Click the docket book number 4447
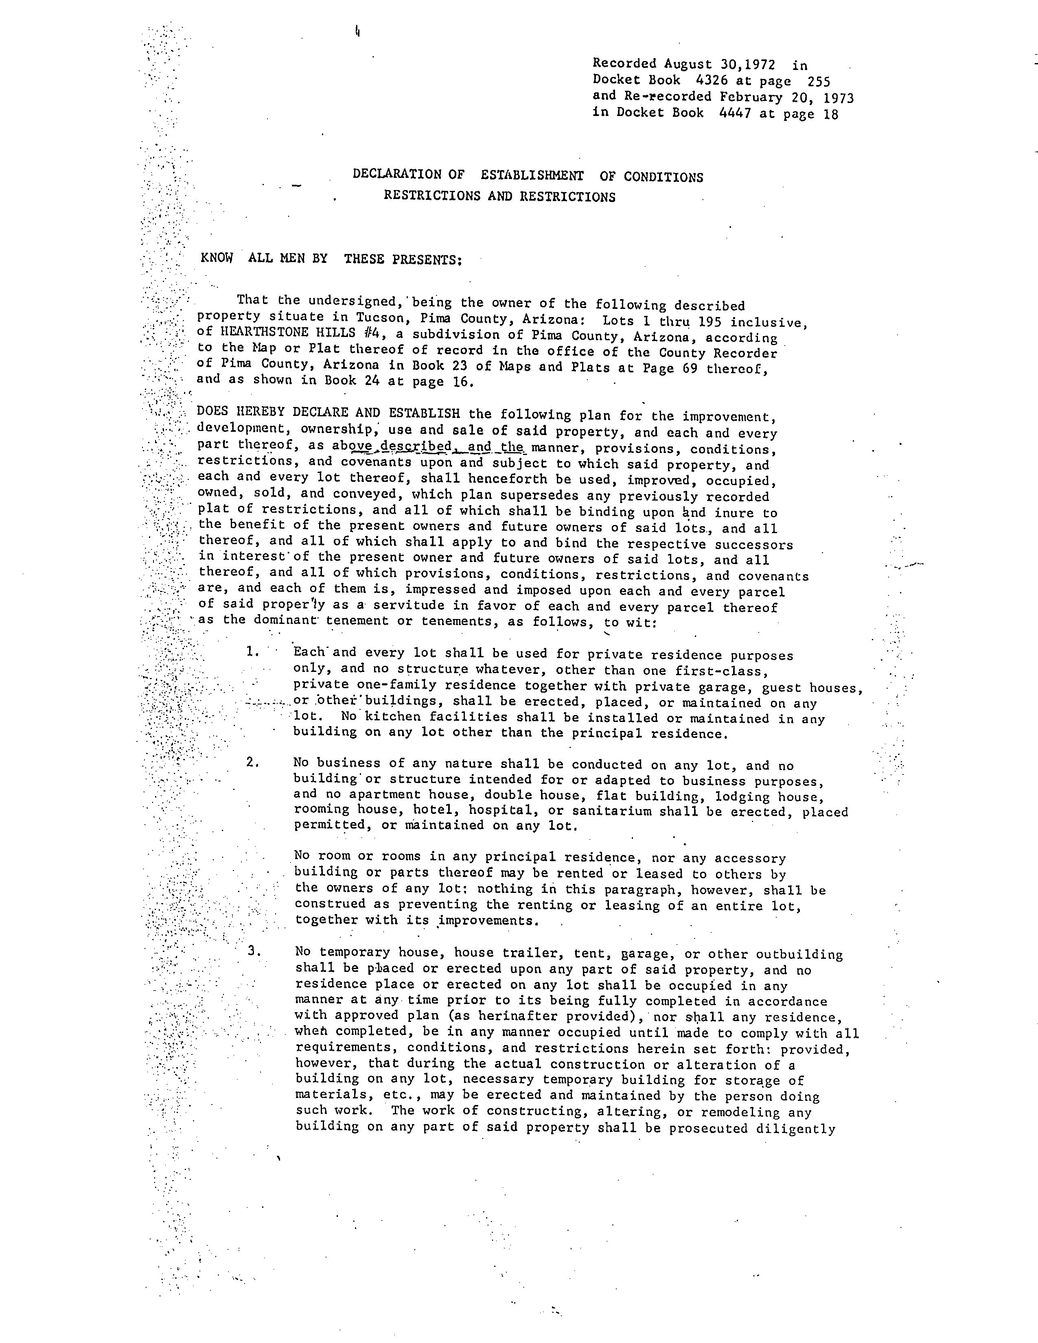pos(735,113)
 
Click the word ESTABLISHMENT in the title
pos(532,176)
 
